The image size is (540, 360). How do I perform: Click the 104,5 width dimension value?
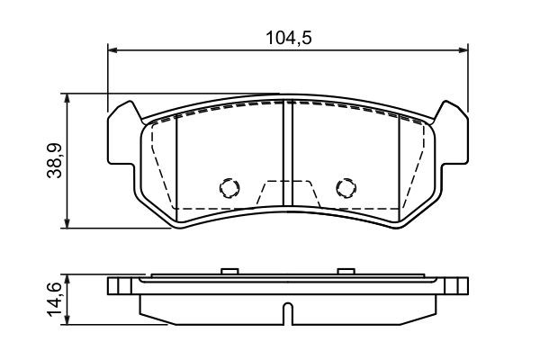click(x=288, y=37)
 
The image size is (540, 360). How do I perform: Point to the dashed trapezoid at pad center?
click(x=287, y=194)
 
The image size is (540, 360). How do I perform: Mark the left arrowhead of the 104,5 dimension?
click(x=112, y=49)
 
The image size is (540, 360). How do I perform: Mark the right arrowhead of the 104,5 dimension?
click(x=463, y=49)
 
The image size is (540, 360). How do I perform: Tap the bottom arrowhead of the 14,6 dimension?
click(x=68, y=320)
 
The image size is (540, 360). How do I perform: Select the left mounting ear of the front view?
click(x=123, y=135)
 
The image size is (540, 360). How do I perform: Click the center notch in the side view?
click(x=287, y=313)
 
